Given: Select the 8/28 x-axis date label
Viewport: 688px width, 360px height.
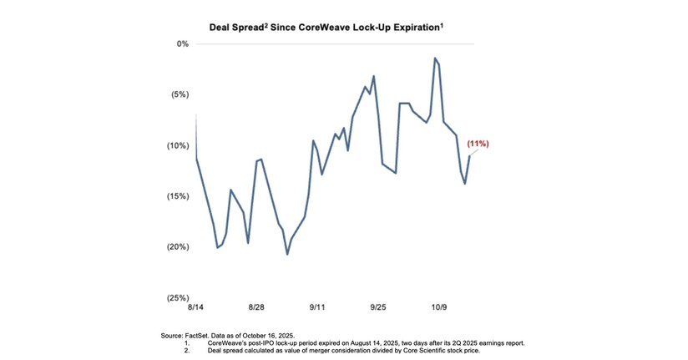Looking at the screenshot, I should click(x=256, y=308).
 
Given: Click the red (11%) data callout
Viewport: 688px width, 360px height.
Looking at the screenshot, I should click(x=478, y=144).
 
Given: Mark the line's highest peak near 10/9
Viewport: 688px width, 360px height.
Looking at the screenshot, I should click(x=435, y=58).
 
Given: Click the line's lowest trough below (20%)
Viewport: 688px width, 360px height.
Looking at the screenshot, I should click(x=287, y=254).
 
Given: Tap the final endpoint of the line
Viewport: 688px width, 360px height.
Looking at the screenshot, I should click(x=469, y=156).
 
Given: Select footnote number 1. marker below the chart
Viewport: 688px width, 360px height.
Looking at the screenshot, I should click(x=189, y=342).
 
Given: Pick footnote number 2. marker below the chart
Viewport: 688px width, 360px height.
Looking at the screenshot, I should click(x=189, y=350).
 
